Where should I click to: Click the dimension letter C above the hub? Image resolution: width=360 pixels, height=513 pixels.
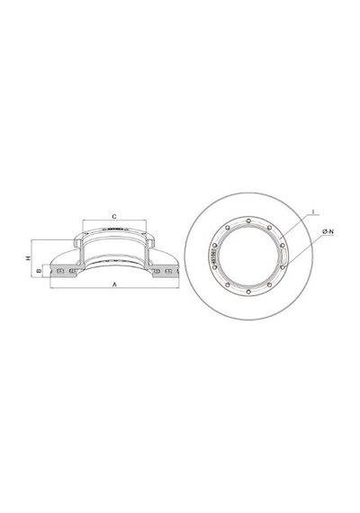pos(114,217)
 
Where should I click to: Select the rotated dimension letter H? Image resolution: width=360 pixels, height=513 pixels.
pos(29,258)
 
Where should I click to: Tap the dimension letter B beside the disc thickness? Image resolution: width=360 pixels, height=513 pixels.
pos(39,271)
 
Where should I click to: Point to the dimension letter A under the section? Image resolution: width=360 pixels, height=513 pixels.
pos(114,284)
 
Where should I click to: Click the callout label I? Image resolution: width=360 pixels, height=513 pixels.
pos(313,212)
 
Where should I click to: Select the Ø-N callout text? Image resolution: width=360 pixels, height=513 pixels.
pos(328,231)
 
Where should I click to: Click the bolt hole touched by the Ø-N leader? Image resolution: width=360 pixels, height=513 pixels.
pos(283,267)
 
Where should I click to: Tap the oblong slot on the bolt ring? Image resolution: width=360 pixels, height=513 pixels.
pos(283,256)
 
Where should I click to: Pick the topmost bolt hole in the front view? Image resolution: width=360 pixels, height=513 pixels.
pos(248,220)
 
